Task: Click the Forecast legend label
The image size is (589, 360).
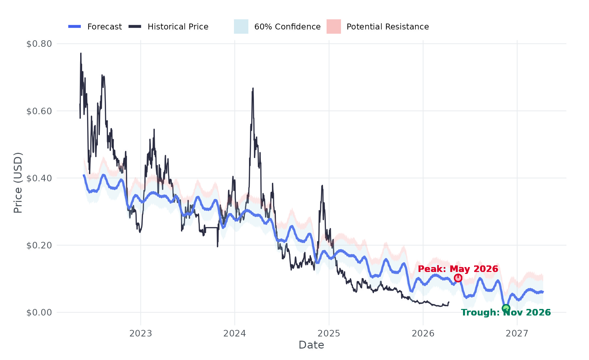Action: (x=104, y=27)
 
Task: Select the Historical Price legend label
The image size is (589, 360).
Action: (x=178, y=27)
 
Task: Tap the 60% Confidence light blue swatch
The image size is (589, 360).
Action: (x=241, y=27)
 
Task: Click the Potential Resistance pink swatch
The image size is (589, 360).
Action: (x=333, y=27)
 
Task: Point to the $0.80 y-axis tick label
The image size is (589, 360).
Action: (x=39, y=44)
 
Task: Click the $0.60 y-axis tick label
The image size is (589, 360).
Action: (x=39, y=111)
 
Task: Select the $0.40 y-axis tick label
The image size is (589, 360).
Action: (x=39, y=178)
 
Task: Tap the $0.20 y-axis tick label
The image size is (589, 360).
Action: (x=39, y=245)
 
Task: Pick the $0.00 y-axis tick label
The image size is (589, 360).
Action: (x=39, y=313)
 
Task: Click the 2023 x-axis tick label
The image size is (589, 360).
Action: (x=141, y=333)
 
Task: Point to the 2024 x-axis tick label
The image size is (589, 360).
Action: (x=235, y=333)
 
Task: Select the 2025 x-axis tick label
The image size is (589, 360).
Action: (x=329, y=333)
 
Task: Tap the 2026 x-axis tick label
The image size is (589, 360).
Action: (x=423, y=333)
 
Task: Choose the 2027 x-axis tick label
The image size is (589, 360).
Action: (x=517, y=333)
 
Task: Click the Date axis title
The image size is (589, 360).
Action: (x=311, y=345)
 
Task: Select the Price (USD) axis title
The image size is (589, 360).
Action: (x=18, y=183)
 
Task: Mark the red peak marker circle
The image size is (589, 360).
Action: (x=458, y=278)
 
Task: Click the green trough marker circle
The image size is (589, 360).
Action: (x=506, y=308)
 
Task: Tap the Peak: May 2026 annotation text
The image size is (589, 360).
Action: (x=458, y=269)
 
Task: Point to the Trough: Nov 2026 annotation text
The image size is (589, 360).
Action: (x=506, y=313)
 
